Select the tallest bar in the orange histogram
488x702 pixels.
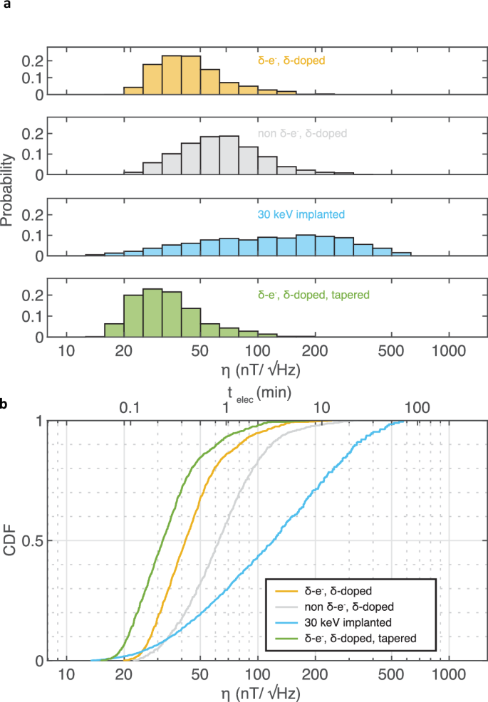(x=172, y=75)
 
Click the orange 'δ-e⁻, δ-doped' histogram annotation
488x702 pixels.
(x=291, y=61)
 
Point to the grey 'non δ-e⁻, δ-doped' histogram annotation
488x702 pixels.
(x=302, y=133)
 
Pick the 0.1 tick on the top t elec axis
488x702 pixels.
(x=128, y=408)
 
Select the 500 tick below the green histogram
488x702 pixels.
(x=391, y=350)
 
